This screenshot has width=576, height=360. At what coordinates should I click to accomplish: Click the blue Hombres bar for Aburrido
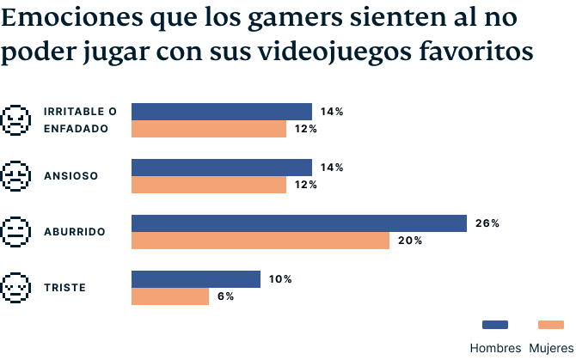click(298, 223)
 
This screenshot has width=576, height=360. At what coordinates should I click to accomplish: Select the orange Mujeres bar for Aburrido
click(260, 241)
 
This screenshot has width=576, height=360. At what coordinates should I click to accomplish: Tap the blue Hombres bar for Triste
click(195, 279)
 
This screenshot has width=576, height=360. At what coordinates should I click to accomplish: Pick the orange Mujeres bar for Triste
click(169, 296)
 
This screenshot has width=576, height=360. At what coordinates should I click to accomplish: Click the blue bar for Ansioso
click(221, 168)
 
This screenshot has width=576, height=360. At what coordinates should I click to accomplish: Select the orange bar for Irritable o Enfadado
click(208, 129)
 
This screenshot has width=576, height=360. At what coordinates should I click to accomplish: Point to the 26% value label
click(487, 223)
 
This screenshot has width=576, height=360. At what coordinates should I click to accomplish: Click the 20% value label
click(409, 241)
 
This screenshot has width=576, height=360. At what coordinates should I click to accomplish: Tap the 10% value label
click(280, 279)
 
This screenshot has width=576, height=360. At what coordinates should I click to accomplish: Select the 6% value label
click(225, 296)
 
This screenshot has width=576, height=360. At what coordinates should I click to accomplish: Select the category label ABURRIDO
click(74, 232)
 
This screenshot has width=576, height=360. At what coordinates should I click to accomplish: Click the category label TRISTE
click(64, 288)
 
